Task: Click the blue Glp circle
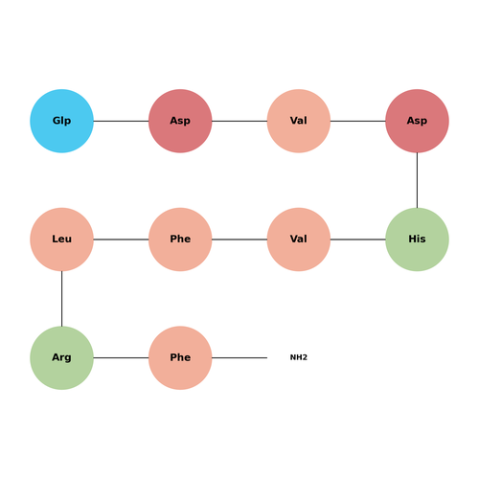click(x=61, y=121)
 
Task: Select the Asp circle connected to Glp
click(x=180, y=121)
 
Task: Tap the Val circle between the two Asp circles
click(x=299, y=121)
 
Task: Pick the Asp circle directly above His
click(x=417, y=121)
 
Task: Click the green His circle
click(x=417, y=239)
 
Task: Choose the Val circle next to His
click(x=299, y=239)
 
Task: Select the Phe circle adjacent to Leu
click(x=180, y=239)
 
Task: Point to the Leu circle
click(x=61, y=239)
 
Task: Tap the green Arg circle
click(x=61, y=358)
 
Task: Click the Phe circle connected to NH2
click(x=180, y=358)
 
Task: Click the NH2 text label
click(x=299, y=357)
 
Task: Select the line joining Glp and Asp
click(x=121, y=121)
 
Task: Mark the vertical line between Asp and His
click(x=417, y=180)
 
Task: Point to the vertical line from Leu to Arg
click(x=61, y=299)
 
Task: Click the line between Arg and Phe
click(x=121, y=358)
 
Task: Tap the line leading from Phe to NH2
click(x=239, y=358)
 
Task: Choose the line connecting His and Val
click(x=358, y=239)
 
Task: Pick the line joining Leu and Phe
click(x=121, y=239)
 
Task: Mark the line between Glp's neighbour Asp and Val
click(x=239, y=121)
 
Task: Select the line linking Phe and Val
click(x=239, y=239)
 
